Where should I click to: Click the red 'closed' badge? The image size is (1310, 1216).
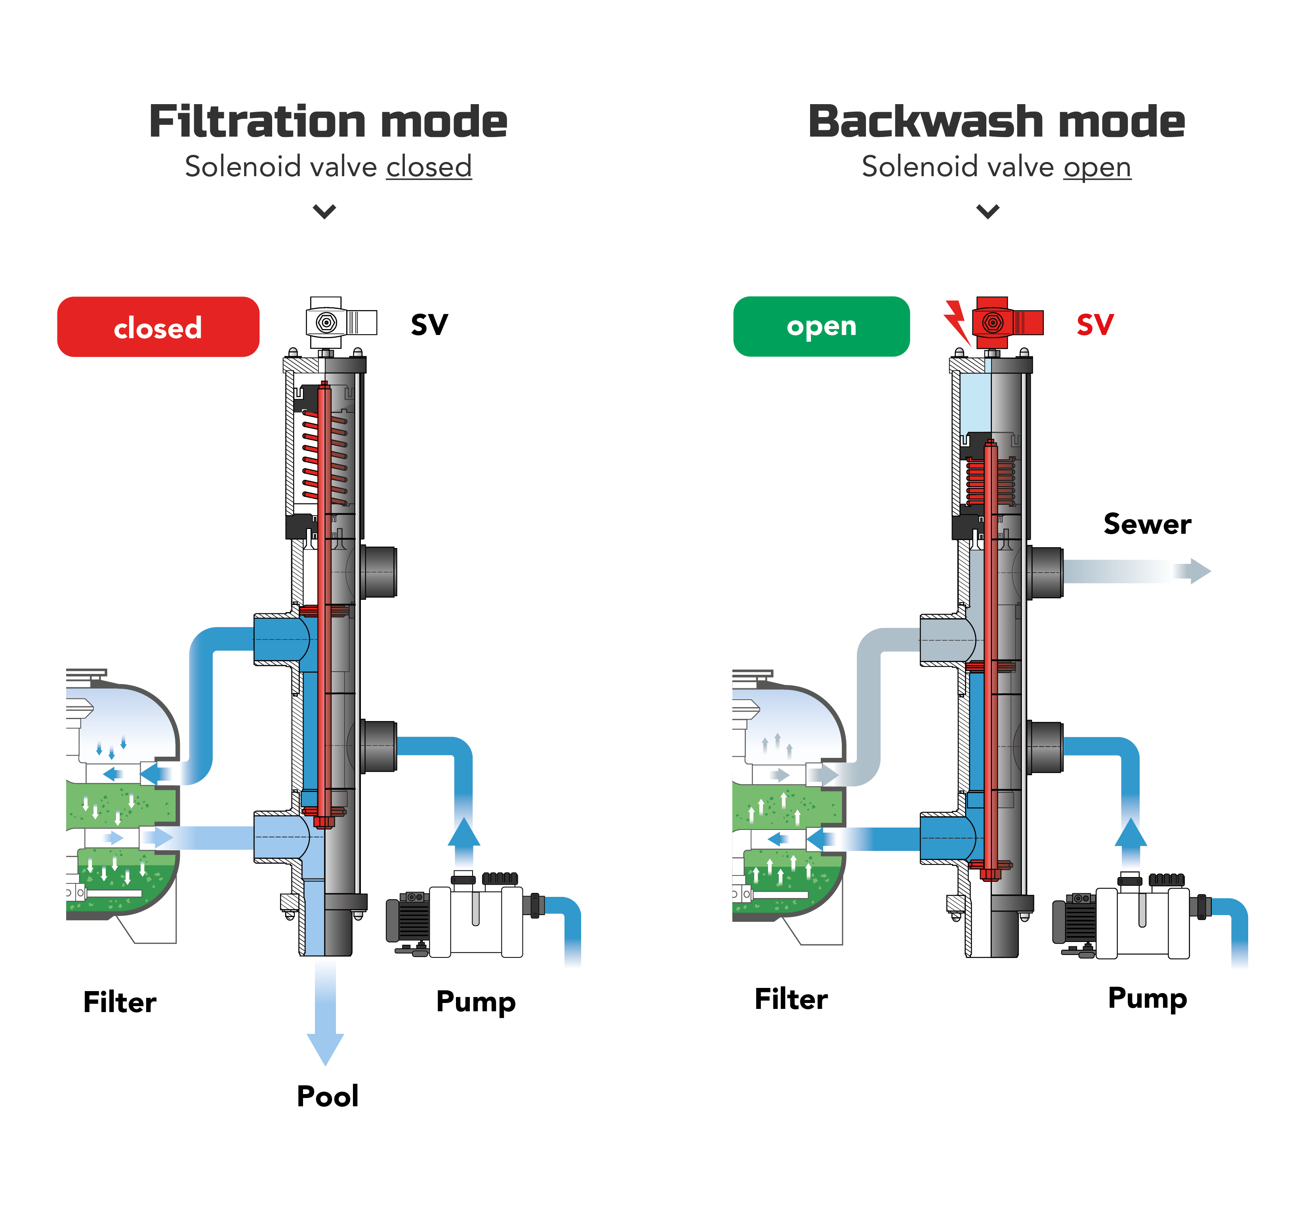pos(158,327)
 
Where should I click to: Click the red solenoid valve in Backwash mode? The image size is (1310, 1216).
pos(1007,322)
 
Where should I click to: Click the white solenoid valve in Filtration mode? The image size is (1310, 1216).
pos(341,322)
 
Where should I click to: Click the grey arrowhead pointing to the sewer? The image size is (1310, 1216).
pos(1200,571)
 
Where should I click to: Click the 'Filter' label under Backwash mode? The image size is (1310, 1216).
pos(791,999)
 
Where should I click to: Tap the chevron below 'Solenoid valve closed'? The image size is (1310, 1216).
pos(324,211)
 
